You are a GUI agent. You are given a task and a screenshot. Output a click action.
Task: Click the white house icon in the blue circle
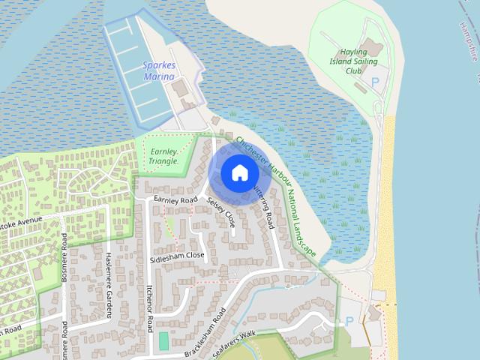point(238,173)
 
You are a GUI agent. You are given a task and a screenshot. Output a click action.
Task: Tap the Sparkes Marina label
point(159,71)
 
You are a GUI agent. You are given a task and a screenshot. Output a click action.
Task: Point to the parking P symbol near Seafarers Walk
point(349,321)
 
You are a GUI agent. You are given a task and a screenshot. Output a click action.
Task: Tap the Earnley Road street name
point(175,200)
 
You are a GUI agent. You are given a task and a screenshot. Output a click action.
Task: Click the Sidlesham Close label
point(177,255)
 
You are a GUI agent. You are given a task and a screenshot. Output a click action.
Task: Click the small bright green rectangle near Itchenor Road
point(163,340)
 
